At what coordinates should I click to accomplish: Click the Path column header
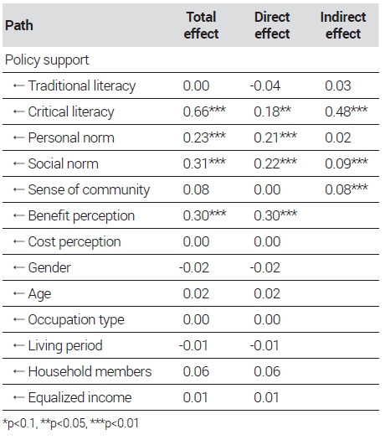coord(19,25)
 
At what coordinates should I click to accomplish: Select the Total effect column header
coord(201,25)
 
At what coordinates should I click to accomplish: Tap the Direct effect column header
coord(272,25)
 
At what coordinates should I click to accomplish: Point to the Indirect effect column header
coord(343,25)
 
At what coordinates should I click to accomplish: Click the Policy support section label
coord(47,60)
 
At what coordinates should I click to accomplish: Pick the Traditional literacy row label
coord(82,85)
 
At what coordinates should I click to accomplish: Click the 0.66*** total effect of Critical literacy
coord(204,111)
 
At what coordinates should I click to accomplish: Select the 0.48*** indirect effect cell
coord(346,111)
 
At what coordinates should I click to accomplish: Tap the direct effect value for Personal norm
coord(275,137)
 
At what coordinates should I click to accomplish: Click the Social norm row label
coord(64,163)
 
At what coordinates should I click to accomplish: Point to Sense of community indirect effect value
coord(346,189)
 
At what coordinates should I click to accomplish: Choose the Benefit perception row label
coord(81,215)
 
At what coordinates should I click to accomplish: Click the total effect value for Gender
coord(194,267)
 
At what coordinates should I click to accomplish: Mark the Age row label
coord(39,294)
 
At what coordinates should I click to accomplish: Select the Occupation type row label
coord(76,320)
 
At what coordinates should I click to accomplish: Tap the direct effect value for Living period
coord(264,345)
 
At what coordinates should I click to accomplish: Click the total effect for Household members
coord(196,371)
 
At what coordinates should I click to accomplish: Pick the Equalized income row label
coord(80,397)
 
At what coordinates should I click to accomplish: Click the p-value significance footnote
coord(70,423)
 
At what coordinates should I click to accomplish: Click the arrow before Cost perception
coord(18,242)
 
